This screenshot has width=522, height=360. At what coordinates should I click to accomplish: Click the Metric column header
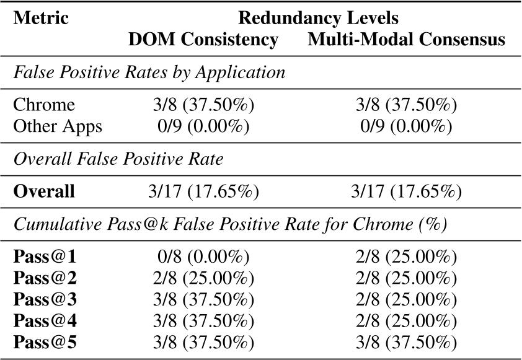41,17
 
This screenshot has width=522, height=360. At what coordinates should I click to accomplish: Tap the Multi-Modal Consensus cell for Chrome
406,104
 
